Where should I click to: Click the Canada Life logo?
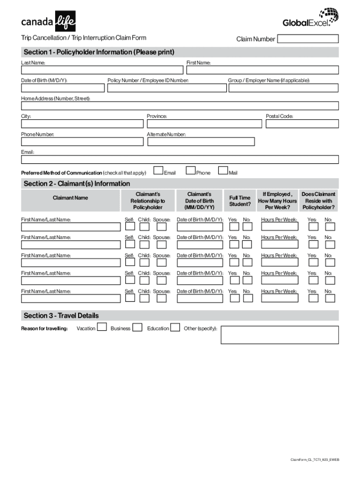tap(48, 21)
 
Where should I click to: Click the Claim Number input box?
tap(308, 39)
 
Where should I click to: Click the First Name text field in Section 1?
tap(262, 70)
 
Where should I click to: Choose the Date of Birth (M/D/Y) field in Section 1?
tap(63, 88)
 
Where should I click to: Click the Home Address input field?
tap(180, 106)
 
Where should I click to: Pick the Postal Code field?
tap(302, 124)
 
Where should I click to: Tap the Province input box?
tap(204, 124)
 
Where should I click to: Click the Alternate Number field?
tap(201, 142)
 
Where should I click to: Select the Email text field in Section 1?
tap(180, 160)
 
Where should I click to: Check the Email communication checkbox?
tap(158, 171)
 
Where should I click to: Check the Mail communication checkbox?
tap(223, 171)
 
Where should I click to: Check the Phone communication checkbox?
tap(190, 171)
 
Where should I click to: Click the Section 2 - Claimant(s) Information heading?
tap(77, 184)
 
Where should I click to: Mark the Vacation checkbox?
tap(101, 327)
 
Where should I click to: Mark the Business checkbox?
tap(137, 327)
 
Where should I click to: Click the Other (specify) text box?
tap(280, 335)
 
